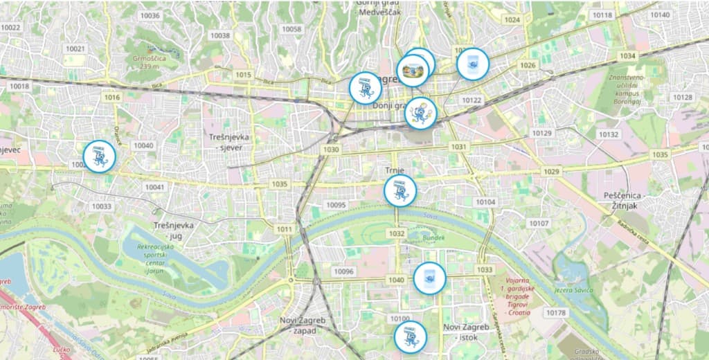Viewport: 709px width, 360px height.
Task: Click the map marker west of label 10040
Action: [x=99, y=156]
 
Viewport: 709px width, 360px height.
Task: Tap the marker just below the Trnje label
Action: [x=400, y=190]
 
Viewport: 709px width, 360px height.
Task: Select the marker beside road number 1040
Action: [x=429, y=278]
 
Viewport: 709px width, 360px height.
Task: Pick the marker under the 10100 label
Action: [x=410, y=337]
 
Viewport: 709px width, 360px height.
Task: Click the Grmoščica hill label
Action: [x=150, y=62]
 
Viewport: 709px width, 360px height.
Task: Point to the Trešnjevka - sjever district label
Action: [x=228, y=142]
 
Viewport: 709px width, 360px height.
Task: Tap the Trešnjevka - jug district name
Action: [x=174, y=231]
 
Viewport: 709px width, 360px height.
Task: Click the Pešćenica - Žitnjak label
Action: [x=625, y=201]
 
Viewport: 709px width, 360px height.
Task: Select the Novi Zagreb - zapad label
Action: [x=302, y=324]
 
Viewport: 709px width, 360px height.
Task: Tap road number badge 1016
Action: [x=111, y=98]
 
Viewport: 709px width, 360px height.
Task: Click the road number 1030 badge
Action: [x=331, y=150]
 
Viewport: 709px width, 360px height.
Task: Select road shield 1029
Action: [x=551, y=171]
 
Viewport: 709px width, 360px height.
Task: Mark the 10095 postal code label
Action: [x=336, y=205]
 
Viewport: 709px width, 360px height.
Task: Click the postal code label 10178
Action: [x=555, y=313]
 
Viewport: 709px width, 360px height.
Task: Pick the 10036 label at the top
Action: [x=150, y=15]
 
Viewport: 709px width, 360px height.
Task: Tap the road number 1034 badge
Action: [x=627, y=55]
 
